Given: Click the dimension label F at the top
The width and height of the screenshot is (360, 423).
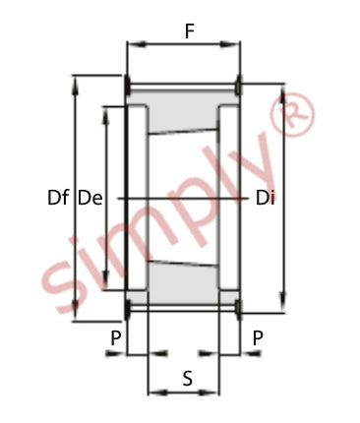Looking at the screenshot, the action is coord(190,31).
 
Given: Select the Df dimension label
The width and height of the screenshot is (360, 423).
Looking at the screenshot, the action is coord(58,198).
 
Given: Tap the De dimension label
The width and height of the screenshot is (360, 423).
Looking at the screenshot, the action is coord(90,198).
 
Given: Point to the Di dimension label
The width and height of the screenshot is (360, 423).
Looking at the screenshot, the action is coord(265,198).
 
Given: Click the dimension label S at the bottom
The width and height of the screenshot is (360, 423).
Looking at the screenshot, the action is coord(187,378).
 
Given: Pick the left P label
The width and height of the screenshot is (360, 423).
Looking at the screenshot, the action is coord(116,338).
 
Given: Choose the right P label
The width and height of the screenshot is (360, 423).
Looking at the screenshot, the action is coord(258,338).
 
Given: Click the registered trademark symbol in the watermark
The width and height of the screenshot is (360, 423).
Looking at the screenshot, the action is coord(292,114).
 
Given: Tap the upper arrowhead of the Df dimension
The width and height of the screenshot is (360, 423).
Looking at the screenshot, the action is coord(76,86).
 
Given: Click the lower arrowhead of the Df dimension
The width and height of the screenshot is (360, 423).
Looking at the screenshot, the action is coord(76,310).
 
